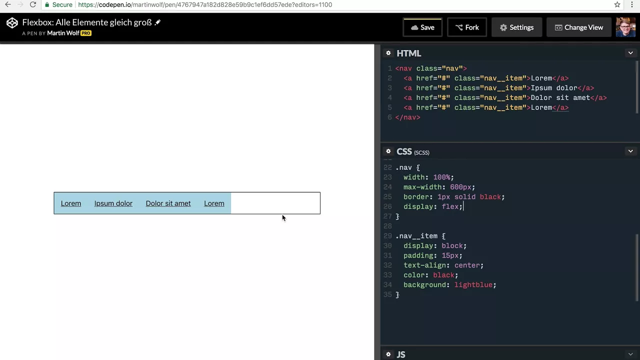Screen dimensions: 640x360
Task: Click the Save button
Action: point(422,27)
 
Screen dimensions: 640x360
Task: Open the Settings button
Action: point(516,27)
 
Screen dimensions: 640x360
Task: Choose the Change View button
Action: point(579,27)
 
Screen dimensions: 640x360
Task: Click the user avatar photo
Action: point(625,27)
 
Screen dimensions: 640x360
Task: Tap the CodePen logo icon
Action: point(12,23)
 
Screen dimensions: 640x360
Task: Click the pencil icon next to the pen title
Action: point(157,22)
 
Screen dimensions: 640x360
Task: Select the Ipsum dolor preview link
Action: point(113,203)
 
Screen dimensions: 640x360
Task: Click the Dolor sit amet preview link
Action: point(168,203)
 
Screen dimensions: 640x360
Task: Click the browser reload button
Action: point(33,4)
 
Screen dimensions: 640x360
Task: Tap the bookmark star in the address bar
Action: point(617,4)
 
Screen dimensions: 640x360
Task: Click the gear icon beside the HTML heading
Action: point(388,53)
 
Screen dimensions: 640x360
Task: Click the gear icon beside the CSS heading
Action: point(388,151)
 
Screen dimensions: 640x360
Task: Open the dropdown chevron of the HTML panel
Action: point(630,53)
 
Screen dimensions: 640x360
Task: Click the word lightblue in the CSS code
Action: point(473,285)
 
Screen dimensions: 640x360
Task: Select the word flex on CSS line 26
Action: point(450,206)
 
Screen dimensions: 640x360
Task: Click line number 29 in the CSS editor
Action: point(387,236)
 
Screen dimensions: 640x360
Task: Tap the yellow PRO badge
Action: point(85,33)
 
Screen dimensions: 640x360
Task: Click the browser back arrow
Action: point(8,4)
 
